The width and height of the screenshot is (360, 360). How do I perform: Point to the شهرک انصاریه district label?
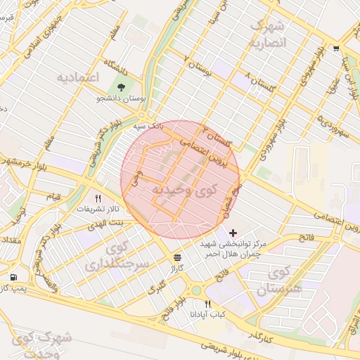tap(267, 34)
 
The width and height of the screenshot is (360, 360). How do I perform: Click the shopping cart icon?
tap(336, 49)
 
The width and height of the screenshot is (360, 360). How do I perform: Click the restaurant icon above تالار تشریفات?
tap(98, 199)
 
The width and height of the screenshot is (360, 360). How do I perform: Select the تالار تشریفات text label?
tap(99, 210)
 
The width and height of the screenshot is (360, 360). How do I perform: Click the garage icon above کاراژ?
tap(176, 257)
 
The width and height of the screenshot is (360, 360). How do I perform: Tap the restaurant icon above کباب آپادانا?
tap(207, 303)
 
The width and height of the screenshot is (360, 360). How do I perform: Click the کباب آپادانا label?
tap(207, 314)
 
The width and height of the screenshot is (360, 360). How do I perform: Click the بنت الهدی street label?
tap(105, 223)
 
